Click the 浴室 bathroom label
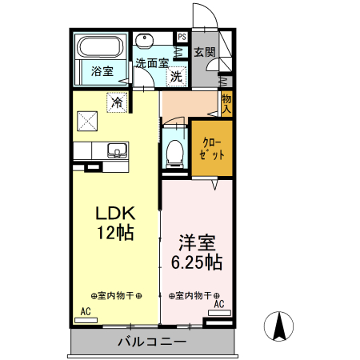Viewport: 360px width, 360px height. pyautogui.click(x=100, y=71)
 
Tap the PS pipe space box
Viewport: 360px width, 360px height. pyautogui.click(x=182, y=37)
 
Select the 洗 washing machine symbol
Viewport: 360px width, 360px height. pyautogui.click(x=175, y=78)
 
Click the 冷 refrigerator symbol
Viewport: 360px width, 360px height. pyautogui.click(x=117, y=102)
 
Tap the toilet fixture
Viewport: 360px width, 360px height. pyautogui.click(x=174, y=152)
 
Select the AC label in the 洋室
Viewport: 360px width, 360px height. pyautogui.click(x=218, y=304)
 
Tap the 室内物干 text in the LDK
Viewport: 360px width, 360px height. pyautogui.click(x=116, y=295)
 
